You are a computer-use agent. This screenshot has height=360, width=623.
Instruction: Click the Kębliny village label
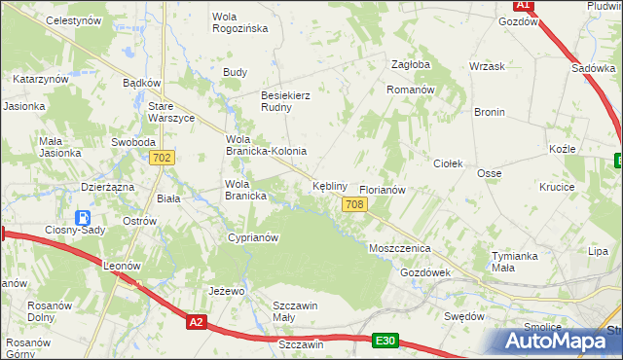[330, 184]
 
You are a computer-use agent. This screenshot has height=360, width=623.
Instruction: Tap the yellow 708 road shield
[354, 203]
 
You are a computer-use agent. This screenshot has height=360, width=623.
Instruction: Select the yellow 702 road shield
[163, 158]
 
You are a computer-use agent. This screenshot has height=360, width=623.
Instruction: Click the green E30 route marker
[385, 340]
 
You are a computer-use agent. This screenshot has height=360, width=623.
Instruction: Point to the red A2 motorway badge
[197, 321]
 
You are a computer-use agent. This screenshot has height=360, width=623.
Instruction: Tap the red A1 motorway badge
[523, 5]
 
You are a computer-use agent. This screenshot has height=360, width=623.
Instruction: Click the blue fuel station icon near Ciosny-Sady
[85, 219]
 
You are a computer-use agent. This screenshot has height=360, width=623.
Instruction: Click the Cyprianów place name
[253, 237]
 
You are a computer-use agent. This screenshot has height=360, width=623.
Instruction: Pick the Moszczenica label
[399, 248]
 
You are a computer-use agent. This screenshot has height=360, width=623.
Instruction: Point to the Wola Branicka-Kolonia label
[266, 145]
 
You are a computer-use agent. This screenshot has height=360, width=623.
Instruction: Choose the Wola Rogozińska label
[239, 21]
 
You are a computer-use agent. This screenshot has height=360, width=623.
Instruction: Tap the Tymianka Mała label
[515, 261]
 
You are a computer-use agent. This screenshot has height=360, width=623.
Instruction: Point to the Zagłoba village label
[410, 64]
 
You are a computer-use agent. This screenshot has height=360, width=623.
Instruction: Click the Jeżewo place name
[226, 291]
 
